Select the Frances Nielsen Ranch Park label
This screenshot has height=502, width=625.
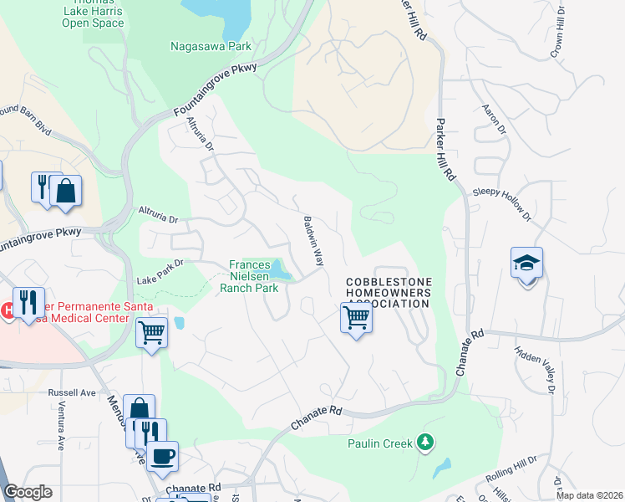pos(249,277)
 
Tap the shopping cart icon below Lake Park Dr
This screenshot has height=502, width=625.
pos(151,332)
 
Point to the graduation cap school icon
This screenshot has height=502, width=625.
pos(526,264)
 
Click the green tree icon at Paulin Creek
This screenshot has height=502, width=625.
pos(425,442)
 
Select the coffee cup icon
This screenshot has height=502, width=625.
pos(163,456)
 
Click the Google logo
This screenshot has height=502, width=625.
pos(28,492)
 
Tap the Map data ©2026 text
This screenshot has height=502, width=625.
pos(590,495)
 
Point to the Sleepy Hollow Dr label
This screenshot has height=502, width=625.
pos(501,203)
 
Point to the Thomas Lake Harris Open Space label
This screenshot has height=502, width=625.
pos(93,13)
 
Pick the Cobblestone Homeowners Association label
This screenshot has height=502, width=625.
pos(389,293)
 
